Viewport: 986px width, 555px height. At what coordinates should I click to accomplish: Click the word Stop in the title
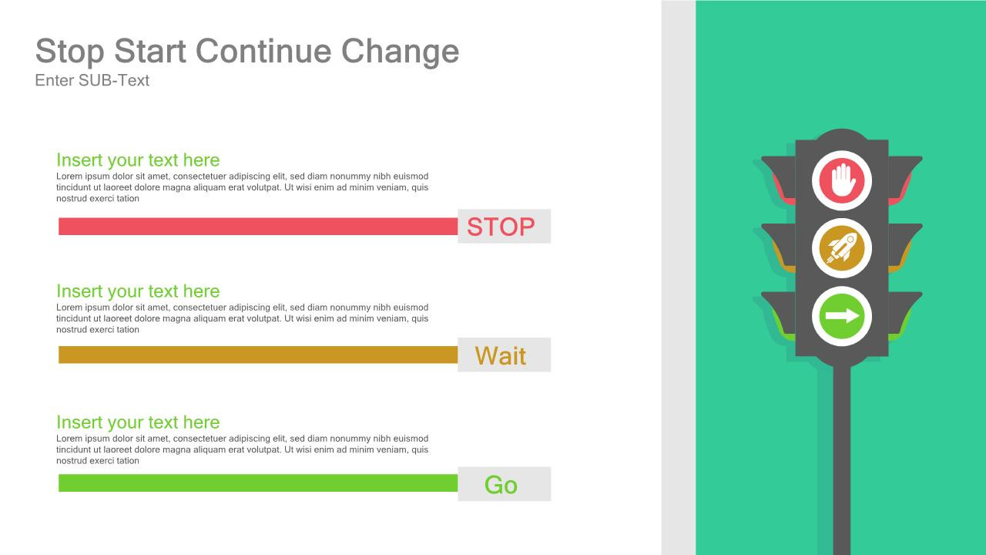tap(70, 52)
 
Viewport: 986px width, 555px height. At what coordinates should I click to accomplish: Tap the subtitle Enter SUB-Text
tap(92, 80)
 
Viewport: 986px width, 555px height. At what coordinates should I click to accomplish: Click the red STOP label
tap(501, 227)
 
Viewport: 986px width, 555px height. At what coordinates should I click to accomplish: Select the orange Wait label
tap(501, 355)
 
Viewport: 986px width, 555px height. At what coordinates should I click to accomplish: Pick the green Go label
tap(501, 484)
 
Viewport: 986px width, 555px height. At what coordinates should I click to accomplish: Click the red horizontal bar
tap(258, 226)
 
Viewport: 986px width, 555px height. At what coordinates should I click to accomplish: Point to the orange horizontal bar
tap(258, 355)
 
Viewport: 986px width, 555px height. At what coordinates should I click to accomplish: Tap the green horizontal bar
tap(258, 483)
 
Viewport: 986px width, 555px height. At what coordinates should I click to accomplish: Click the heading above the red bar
tap(138, 160)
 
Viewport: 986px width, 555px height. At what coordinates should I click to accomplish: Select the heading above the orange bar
tap(138, 291)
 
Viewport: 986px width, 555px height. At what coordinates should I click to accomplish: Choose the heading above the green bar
tap(138, 422)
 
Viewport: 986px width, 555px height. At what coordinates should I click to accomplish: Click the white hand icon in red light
tap(842, 180)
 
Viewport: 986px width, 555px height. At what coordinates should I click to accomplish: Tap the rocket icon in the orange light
tap(841, 248)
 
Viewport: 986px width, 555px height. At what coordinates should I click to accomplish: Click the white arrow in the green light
tap(841, 316)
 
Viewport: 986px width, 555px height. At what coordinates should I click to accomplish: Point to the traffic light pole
tap(842, 462)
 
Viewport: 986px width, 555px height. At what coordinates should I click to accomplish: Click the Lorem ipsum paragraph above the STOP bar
tap(242, 187)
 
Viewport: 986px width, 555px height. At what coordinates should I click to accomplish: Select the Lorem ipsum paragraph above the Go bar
tap(242, 449)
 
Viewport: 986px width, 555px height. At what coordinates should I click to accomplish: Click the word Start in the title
tap(150, 52)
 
